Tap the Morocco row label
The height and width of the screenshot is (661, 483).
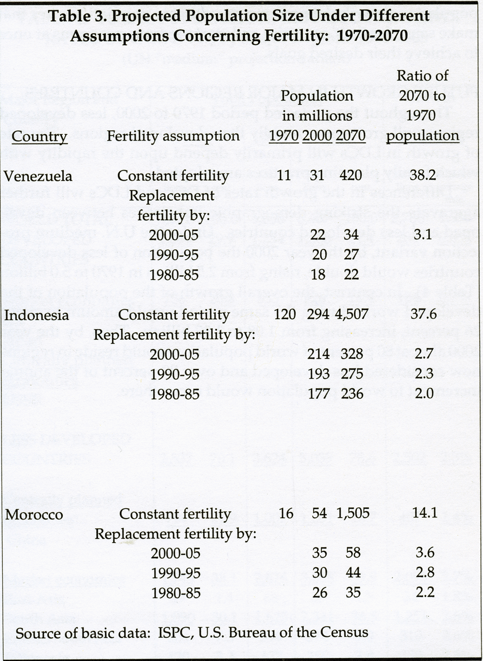[x=34, y=514]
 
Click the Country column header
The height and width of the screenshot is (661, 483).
[x=39, y=136]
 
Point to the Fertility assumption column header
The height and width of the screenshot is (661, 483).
[x=173, y=136]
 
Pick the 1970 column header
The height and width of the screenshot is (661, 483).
[x=284, y=136]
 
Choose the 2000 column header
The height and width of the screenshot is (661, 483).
[x=317, y=136]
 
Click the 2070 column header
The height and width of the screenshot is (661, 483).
[x=351, y=136]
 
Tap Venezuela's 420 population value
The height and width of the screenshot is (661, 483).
[x=351, y=175]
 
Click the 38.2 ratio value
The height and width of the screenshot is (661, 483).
[x=423, y=175]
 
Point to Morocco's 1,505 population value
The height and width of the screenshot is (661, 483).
[x=351, y=513]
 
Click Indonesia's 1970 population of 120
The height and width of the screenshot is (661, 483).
[x=284, y=315]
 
